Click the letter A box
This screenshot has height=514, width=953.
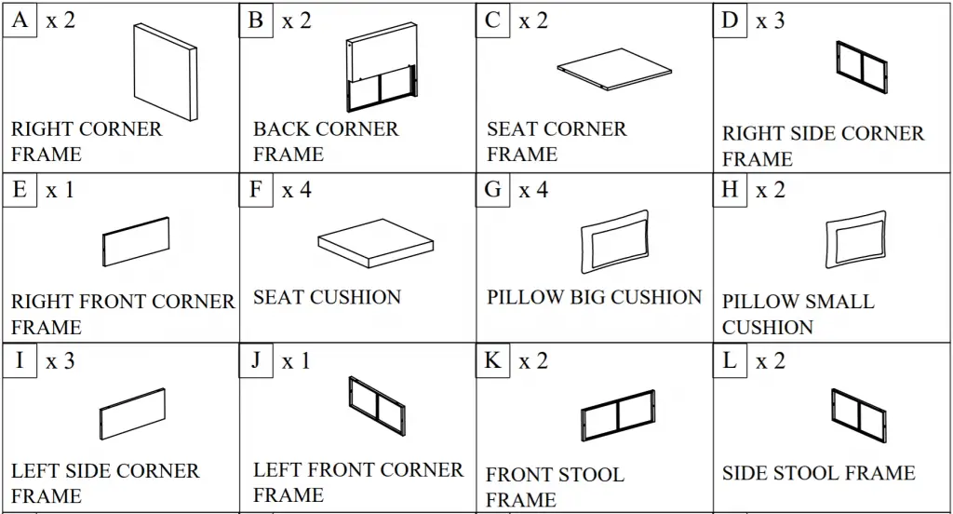pyautogui.click(x=20, y=20)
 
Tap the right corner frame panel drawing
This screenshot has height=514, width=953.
pyautogui.click(x=166, y=73)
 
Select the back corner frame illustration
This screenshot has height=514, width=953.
pyautogui.click(x=382, y=67)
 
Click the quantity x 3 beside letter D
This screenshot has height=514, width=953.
pyautogui.click(x=770, y=20)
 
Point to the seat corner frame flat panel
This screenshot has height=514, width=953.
pyautogui.click(x=614, y=69)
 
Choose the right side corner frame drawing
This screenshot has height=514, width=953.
pyautogui.click(x=861, y=67)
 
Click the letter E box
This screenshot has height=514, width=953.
pyautogui.click(x=20, y=190)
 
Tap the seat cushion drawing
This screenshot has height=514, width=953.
pyautogui.click(x=376, y=243)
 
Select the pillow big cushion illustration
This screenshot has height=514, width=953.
pyautogui.click(x=615, y=241)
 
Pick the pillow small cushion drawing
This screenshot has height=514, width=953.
pyautogui.click(x=856, y=239)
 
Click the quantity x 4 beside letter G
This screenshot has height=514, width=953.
pyautogui.click(x=533, y=190)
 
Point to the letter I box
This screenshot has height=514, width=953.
pyautogui.click(x=20, y=360)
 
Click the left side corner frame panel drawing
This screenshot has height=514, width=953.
pyautogui.click(x=132, y=413)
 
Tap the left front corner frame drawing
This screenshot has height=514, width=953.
pyautogui.click(x=377, y=406)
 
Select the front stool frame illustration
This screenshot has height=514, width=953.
pyautogui.click(x=618, y=416)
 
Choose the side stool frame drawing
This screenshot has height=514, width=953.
pyautogui.click(x=859, y=416)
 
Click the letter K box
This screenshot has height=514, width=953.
pyautogui.click(x=492, y=360)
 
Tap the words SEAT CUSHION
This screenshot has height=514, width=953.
pyautogui.click(x=327, y=297)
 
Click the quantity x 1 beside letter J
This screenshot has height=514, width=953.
pyautogui.click(x=296, y=361)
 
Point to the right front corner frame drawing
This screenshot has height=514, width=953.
pyautogui.click(x=136, y=241)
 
